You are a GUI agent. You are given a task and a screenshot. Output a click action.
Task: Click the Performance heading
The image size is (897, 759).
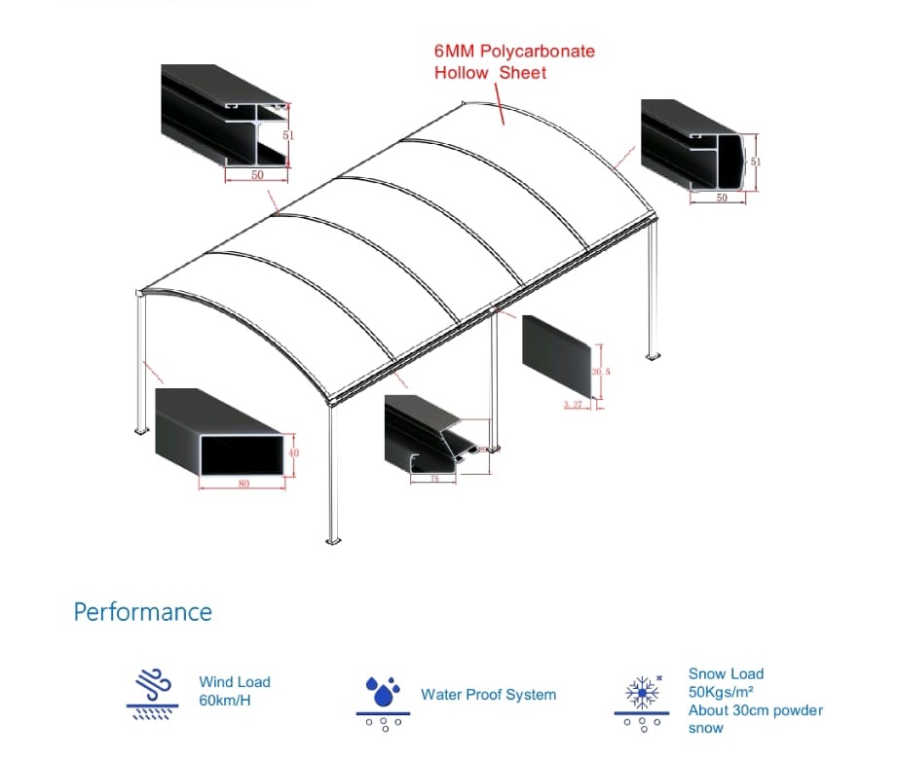[x=142, y=612]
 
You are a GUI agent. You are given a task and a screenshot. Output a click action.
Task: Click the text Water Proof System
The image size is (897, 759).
[x=488, y=695]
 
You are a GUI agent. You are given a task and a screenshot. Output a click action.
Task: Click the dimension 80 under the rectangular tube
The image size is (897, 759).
[x=243, y=484]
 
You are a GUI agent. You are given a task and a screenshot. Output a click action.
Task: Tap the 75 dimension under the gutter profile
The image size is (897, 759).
[x=434, y=479]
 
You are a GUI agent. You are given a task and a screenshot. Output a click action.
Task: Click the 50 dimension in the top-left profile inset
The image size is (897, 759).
[x=257, y=175]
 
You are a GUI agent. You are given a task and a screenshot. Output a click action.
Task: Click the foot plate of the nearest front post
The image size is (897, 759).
[x=333, y=539]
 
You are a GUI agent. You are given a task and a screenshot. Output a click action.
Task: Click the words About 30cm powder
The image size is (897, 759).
[x=755, y=710]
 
